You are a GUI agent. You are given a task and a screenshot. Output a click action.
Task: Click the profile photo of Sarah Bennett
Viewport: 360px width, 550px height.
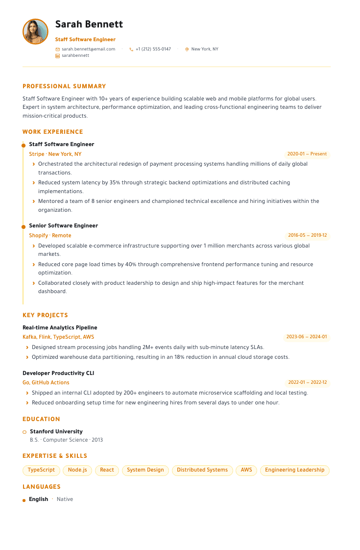(35, 32)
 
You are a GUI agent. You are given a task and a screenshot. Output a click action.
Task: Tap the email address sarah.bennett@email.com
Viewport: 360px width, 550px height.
(88, 49)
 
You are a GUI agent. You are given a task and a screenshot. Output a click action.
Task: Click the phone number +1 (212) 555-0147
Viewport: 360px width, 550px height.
(153, 49)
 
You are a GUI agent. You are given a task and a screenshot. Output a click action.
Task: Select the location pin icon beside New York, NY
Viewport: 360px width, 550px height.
(187, 50)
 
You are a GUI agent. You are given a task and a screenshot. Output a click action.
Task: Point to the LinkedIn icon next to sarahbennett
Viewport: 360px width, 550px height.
(57, 56)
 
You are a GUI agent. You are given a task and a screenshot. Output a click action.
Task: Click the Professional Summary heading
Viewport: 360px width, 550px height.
(64, 86)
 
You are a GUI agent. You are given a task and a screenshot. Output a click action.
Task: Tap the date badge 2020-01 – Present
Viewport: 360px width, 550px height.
(307, 154)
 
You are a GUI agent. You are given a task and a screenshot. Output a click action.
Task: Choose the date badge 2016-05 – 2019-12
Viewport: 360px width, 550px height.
(307, 235)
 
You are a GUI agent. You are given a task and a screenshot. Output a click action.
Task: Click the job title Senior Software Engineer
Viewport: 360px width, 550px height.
(63, 225)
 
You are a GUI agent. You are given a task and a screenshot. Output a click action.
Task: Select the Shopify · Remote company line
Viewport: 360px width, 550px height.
(50, 235)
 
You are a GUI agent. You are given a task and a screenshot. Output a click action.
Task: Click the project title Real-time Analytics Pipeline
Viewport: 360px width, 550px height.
(60, 327)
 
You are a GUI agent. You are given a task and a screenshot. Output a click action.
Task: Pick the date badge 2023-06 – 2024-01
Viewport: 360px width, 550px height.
(307, 337)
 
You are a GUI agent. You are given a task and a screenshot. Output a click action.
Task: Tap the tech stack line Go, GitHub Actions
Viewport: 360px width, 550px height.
(46, 382)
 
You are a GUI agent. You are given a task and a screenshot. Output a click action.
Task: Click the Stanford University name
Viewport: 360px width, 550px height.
(56, 431)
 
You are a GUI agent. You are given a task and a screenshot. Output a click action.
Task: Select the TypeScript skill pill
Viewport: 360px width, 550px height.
(41, 470)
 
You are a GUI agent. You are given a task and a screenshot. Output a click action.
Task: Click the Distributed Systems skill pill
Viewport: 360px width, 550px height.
(202, 470)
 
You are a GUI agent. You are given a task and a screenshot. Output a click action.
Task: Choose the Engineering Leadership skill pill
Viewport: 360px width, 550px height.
(294, 470)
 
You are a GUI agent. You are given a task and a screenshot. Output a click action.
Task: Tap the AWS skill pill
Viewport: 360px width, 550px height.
(246, 470)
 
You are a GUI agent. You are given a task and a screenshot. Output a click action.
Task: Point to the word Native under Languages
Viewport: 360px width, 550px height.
(65, 499)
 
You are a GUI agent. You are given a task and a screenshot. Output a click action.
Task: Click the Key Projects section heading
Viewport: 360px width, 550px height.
(45, 315)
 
